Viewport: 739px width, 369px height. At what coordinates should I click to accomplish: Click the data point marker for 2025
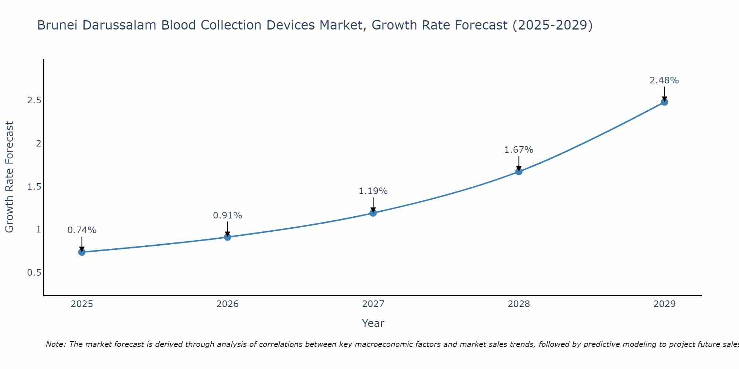82,252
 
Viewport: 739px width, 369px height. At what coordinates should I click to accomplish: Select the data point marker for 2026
227,237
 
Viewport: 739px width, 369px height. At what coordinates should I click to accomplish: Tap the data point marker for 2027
373,213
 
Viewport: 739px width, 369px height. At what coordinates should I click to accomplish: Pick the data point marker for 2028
519,172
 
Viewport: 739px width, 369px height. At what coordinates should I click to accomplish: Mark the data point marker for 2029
664,102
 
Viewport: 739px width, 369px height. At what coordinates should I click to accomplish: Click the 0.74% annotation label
82,230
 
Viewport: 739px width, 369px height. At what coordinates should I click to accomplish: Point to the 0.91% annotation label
227,215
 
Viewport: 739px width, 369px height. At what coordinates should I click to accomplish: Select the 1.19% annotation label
373,191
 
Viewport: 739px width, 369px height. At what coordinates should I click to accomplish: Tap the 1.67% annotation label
519,150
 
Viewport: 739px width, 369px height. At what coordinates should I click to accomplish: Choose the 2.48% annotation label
664,80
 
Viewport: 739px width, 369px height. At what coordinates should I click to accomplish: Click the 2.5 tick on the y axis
34,100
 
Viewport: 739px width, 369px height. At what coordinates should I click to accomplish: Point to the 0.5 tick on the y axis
34,273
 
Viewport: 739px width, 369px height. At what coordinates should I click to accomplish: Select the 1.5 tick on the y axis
34,187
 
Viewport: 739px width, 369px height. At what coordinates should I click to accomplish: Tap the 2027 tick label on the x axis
373,304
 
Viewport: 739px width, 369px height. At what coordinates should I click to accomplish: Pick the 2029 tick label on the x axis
664,304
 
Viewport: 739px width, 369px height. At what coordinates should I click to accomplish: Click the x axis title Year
373,323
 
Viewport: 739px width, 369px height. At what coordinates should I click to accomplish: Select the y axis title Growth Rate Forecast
9,177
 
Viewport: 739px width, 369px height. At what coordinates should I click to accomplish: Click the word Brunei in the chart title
57,25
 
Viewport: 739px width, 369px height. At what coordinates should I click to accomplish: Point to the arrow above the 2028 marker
519,163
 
